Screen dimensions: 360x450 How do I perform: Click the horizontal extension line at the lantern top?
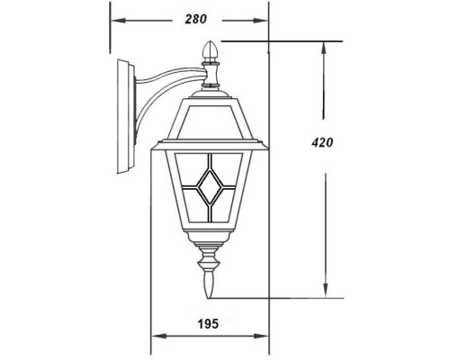click(279, 40)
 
